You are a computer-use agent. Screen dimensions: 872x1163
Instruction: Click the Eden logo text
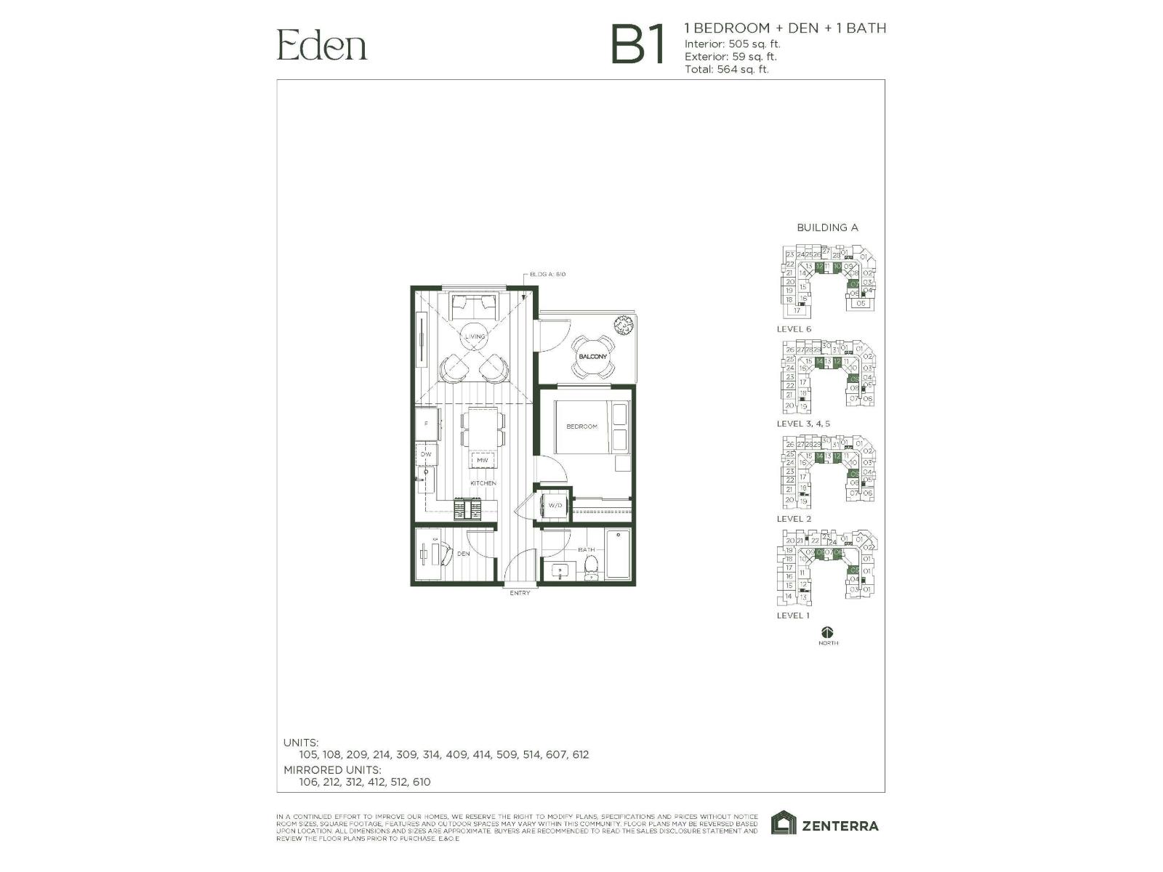tap(321, 45)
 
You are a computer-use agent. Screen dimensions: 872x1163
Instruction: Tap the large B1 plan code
tap(638, 45)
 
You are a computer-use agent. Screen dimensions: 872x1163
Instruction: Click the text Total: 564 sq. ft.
tap(726, 70)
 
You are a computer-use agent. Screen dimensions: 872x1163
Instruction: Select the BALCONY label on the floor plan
tap(592, 356)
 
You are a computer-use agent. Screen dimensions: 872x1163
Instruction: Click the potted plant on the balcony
tap(622, 326)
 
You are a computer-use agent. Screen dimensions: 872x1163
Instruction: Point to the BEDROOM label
tap(581, 427)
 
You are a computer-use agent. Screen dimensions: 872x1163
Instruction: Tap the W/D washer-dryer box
tap(555, 505)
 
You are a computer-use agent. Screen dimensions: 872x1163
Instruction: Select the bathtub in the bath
tap(619, 554)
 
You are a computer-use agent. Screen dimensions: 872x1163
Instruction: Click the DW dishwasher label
tap(426, 454)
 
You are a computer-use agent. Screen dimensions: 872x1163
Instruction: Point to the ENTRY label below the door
tap(520, 593)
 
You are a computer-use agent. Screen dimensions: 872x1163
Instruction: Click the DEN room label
tap(463, 554)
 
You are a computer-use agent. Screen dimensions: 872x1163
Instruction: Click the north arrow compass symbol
tap(828, 632)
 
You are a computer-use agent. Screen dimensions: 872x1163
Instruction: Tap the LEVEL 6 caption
tap(794, 328)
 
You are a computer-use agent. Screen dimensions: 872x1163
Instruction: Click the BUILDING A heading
tap(827, 227)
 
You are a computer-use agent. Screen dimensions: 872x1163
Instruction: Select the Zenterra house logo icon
tap(784, 823)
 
